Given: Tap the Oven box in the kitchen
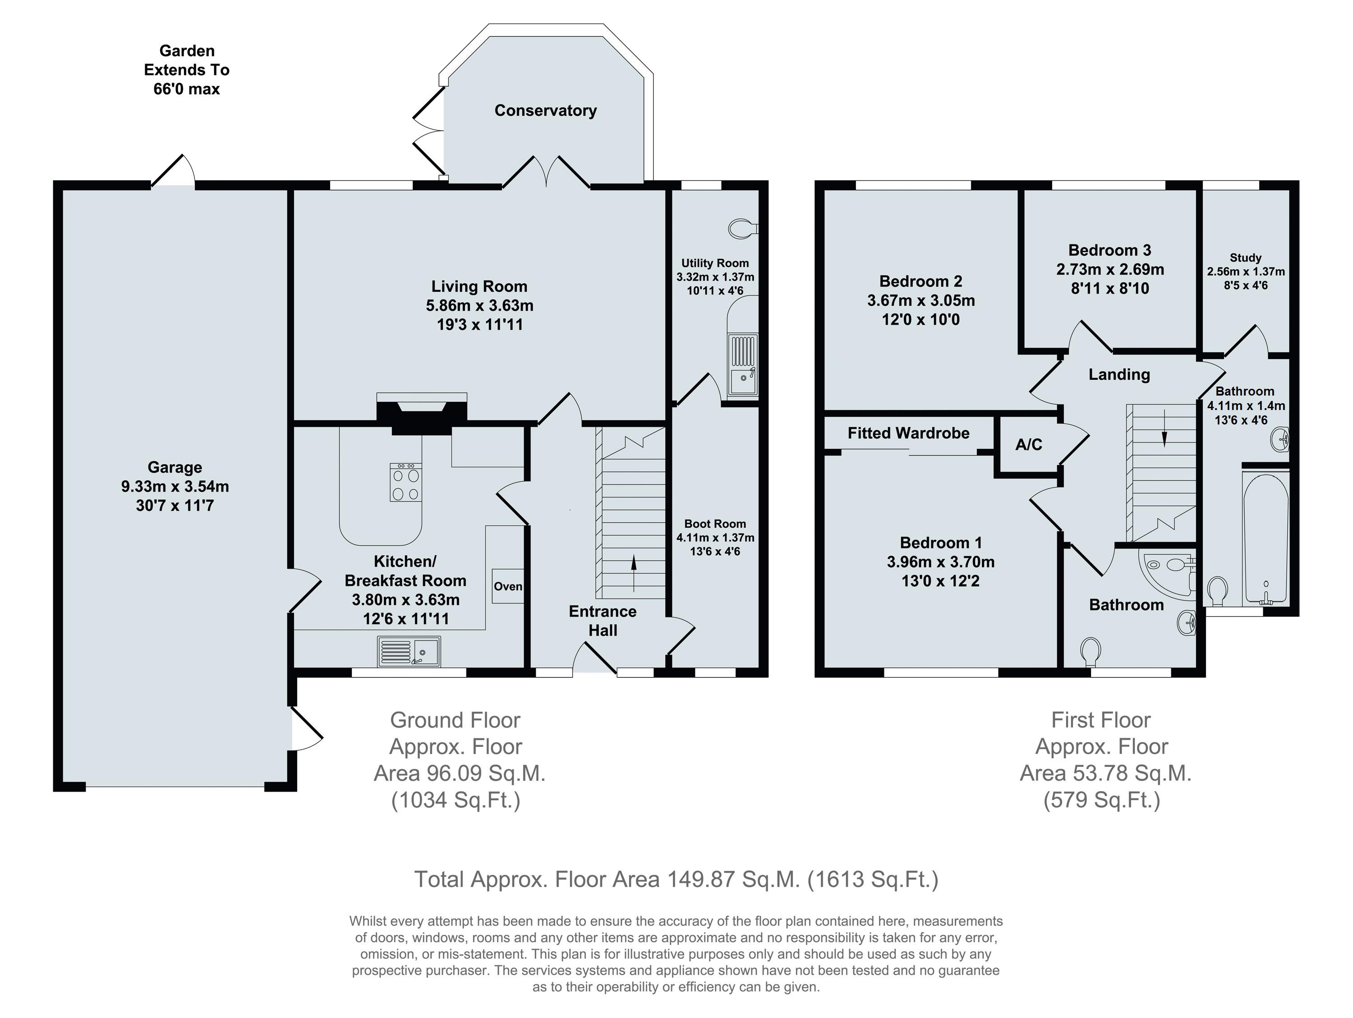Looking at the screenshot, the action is pos(508,586).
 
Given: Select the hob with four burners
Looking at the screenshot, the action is pos(405,482).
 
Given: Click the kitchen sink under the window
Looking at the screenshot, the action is pos(409,651).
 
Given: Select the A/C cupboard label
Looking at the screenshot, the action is pos(1029,445).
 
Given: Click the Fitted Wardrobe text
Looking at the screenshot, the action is pos(908,433).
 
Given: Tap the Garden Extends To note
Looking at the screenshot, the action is pos(187,70).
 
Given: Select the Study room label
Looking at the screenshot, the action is pos(1245,258).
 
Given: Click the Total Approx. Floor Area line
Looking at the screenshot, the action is pos(676,880).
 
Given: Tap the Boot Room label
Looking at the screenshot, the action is pos(715,524).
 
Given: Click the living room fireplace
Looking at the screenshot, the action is pos(422,413).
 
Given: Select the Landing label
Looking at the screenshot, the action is pos(1119,374).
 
